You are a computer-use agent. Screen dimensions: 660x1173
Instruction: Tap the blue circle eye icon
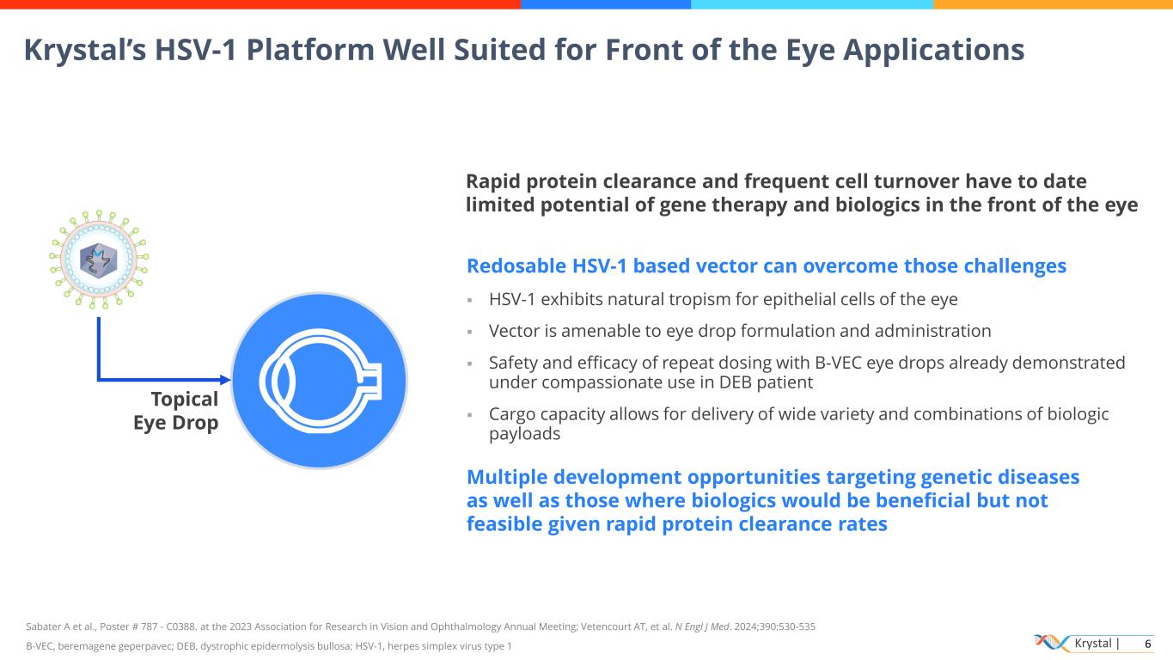[319, 380]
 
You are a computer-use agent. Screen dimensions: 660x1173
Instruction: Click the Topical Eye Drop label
[176, 411]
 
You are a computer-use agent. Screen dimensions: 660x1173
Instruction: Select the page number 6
[1147, 644]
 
